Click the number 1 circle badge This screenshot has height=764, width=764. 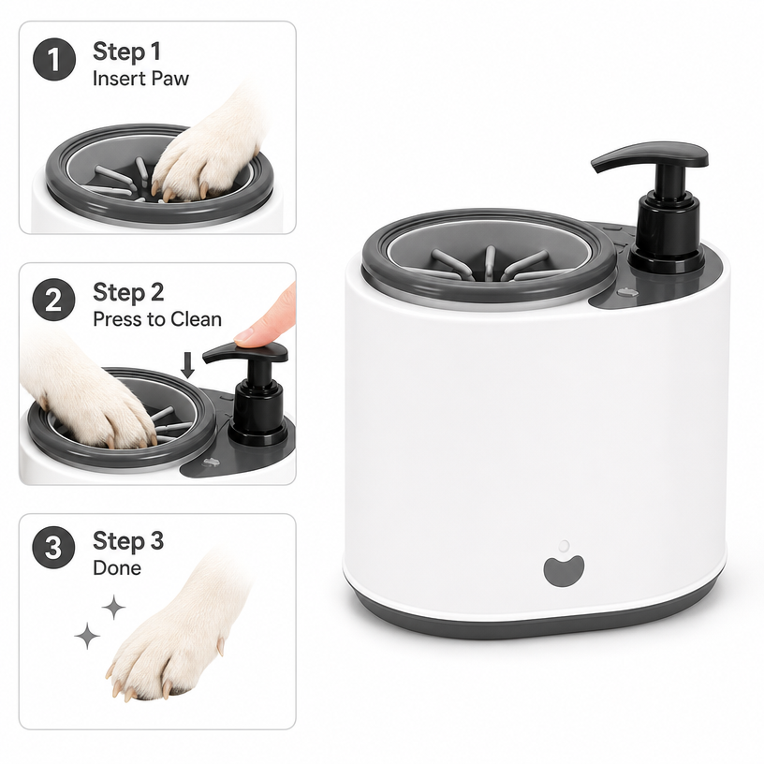54,59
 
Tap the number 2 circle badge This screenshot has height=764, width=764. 54,300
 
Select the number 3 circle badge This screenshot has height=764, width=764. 53,547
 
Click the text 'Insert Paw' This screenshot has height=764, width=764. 140,79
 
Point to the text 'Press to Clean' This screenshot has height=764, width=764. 157,319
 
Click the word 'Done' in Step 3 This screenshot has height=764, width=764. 117,567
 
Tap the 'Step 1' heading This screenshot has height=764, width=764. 126,51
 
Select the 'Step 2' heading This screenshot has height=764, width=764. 128,292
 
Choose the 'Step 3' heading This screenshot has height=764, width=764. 128,540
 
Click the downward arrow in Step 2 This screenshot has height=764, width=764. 187,365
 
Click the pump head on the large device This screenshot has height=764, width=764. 650,156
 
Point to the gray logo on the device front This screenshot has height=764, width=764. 564,571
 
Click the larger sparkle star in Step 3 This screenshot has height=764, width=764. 87,636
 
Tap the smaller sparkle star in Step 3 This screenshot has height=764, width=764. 113,607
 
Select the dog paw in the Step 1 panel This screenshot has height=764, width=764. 210,146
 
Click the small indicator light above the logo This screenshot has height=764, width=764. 564,546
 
